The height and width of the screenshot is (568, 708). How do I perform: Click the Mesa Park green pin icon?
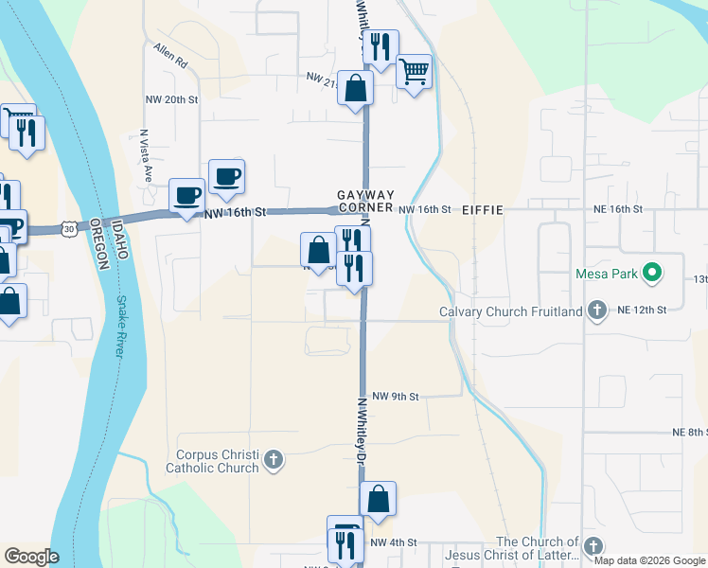[651, 275]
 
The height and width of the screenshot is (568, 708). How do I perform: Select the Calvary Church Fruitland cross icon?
[596, 311]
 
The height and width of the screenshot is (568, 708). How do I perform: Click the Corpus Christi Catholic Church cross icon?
[273, 460]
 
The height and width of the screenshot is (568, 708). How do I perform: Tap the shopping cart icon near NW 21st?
[415, 72]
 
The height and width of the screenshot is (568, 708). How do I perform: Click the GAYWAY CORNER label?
[364, 201]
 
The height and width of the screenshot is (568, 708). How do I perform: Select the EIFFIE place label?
[482, 209]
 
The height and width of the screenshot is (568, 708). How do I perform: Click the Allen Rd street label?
[170, 53]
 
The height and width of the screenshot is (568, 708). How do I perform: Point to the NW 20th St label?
[171, 99]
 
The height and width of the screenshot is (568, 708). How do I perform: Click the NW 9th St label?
[395, 397]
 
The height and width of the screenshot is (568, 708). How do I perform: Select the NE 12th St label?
[642, 310]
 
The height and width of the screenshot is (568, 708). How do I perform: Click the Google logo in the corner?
[31, 557]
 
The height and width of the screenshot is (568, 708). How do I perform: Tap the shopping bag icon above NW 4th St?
[378, 499]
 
